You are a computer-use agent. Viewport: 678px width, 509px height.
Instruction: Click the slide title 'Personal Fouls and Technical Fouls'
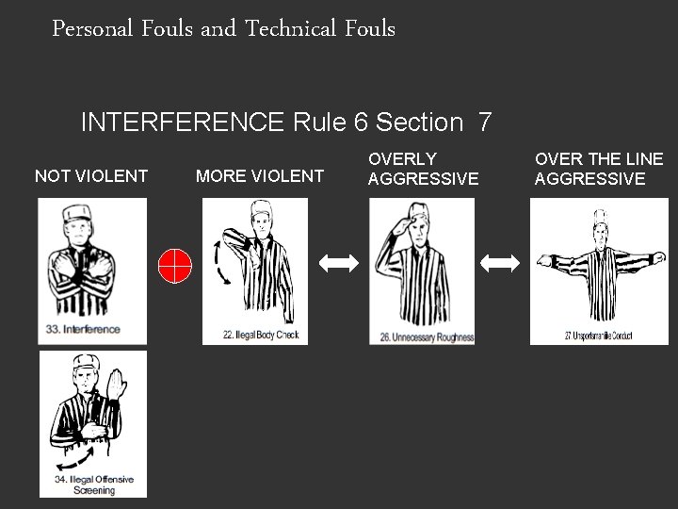(224, 29)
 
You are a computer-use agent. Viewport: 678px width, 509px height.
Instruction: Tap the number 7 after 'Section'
(484, 123)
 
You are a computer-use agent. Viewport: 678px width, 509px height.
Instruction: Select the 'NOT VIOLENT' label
(90, 175)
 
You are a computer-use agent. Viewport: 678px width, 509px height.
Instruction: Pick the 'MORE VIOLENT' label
(259, 175)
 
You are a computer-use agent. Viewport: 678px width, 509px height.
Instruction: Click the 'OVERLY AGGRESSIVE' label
(423, 169)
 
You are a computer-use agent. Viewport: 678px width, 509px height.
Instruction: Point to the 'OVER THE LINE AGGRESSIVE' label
(599, 169)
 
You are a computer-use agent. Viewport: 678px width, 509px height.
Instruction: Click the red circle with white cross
(175, 265)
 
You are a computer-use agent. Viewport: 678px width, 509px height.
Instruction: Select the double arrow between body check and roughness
(339, 265)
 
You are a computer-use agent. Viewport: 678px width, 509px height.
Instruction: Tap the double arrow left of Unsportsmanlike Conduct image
(500, 265)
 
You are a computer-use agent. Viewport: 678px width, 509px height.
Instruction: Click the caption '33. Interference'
(85, 329)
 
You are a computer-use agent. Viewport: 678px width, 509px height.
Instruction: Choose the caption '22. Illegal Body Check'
(261, 335)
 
